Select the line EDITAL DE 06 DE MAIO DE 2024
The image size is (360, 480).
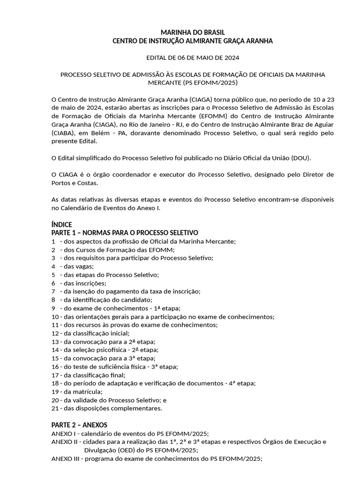[x=193, y=58]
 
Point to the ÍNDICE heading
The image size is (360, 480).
[x=61, y=225]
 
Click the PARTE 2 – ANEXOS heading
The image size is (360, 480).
[x=79, y=425]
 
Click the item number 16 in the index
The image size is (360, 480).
[x=55, y=366]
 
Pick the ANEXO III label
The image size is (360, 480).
[x=65, y=458]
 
